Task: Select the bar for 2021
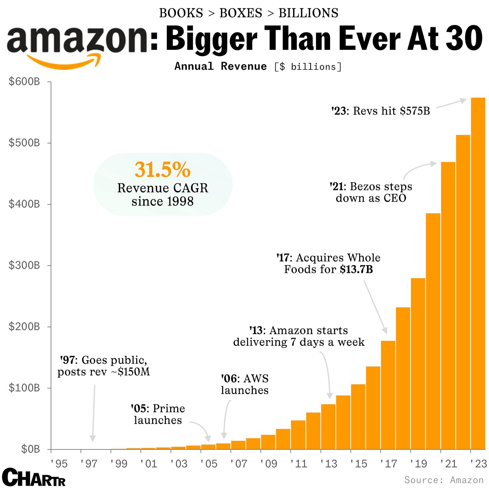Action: coord(448,306)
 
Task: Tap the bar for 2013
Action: coord(328,427)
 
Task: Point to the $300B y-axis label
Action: coord(24,265)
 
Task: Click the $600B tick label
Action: coord(24,82)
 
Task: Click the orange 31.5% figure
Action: coord(163,170)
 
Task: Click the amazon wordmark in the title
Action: coord(76,40)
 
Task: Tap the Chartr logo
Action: coord(34,477)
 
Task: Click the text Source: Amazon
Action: coord(444,480)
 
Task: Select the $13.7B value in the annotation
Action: coord(356,270)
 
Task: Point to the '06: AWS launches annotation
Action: coord(245,384)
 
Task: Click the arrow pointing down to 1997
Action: coord(94,413)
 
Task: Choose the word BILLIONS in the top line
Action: coord(308,13)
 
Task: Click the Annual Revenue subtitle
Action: coord(220,66)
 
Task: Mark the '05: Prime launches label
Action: coord(158,414)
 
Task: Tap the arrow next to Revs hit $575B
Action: coord(451,103)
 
